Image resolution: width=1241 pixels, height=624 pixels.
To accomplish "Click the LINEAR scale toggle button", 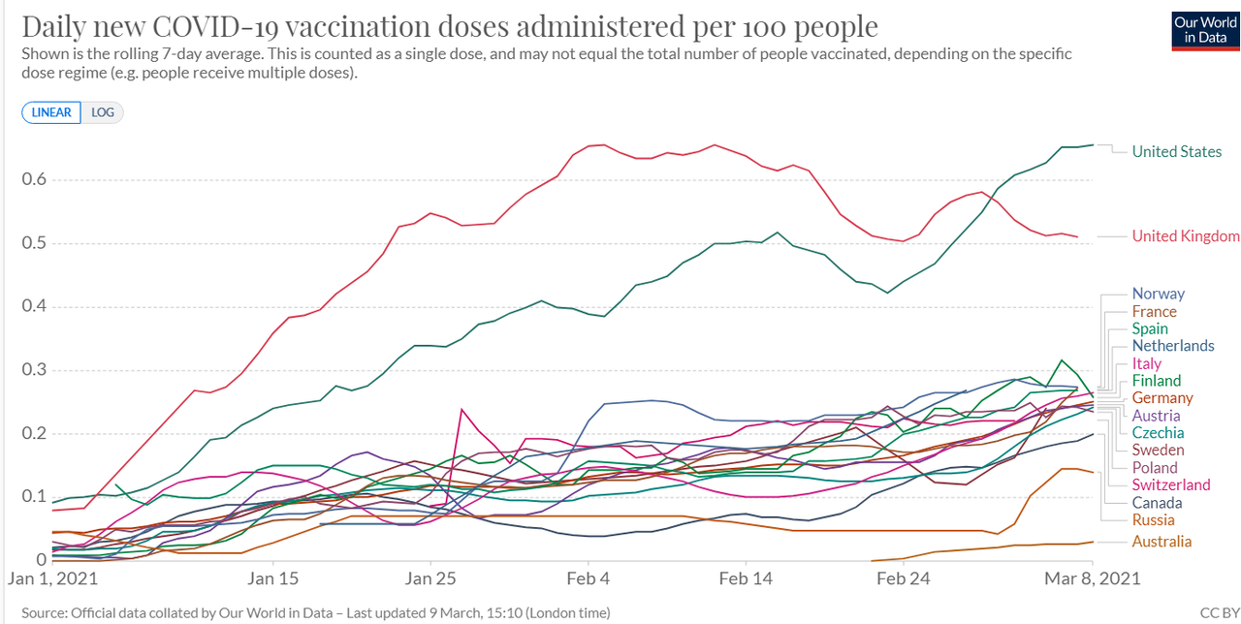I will coord(51,112).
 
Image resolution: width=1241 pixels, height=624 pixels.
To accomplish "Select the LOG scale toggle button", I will coord(103,112).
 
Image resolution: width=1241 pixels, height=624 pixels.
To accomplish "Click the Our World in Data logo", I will coord(1205,30).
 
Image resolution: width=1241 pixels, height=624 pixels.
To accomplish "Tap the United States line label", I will coord(1176,151).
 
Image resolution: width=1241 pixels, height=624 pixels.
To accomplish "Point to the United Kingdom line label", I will coord(1185,236).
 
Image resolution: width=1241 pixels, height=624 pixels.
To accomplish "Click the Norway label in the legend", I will coord(1158,294).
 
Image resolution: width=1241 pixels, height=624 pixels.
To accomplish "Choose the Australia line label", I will coord(1161,542).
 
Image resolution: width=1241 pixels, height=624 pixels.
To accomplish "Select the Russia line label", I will coord(1153,520).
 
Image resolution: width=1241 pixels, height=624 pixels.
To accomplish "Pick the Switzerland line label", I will coord(1170,484).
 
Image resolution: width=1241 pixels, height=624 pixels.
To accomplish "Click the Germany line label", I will coord(1162,398).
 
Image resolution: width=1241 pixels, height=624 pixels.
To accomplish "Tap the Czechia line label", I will coord(1158,433).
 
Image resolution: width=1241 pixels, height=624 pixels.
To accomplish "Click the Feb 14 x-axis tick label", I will coord(745,579).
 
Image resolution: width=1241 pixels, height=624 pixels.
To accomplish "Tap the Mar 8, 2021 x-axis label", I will coord(1092,579).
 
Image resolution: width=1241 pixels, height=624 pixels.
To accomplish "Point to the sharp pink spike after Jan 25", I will coord(461,409).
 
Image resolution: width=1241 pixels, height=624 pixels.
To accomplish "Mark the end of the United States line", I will coord(1093,145).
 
